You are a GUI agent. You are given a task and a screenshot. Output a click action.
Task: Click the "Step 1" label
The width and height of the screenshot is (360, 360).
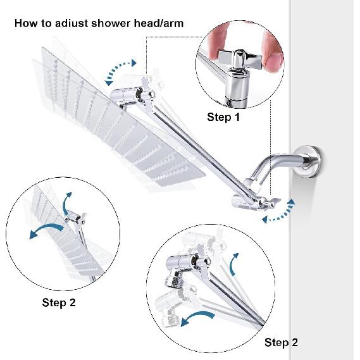pyautogui.click(x=224, y=117)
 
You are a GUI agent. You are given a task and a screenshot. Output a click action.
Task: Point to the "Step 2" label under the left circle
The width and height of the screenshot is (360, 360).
pyautogui.click(x=59, y=302)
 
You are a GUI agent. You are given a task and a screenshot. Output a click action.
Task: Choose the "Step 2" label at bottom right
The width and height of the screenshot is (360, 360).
pyautogui.click(x=281, y=342)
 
